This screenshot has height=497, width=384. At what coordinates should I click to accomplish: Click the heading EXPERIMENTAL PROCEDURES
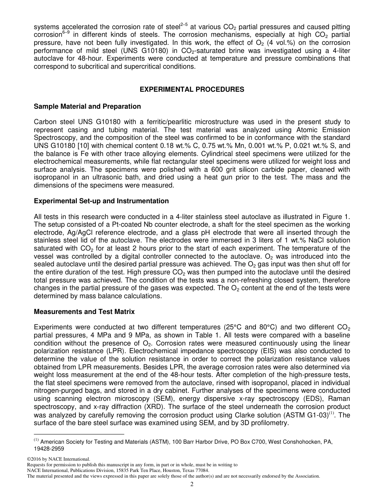[192, 89]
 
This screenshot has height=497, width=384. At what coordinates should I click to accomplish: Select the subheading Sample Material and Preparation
[87, 107]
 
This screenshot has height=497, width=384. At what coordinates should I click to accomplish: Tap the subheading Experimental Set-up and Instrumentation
[101, 201]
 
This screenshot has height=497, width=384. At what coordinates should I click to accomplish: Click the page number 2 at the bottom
[192, 484]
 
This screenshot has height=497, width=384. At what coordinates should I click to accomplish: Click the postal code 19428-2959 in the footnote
[49, 449]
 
